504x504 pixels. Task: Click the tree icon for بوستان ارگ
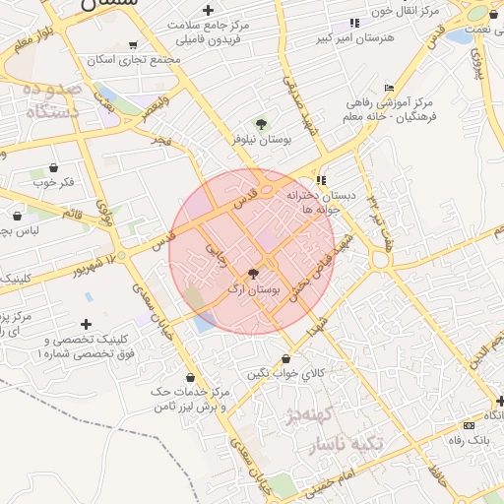(x=253, y=274)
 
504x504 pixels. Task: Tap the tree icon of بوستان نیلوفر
(x=261, y=124)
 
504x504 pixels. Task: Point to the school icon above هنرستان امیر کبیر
(x=354, y=23)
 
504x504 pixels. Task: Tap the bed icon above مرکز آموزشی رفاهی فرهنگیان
(x=389, y=87)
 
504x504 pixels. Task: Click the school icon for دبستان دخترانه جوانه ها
(x=322, y=181)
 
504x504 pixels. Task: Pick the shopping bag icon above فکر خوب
(x=52, y=167)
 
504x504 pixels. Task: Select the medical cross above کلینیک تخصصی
(x=87, y=323)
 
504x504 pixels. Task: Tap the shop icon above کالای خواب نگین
(x=286, y=359)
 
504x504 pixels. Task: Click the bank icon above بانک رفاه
(x=468, y=425)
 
